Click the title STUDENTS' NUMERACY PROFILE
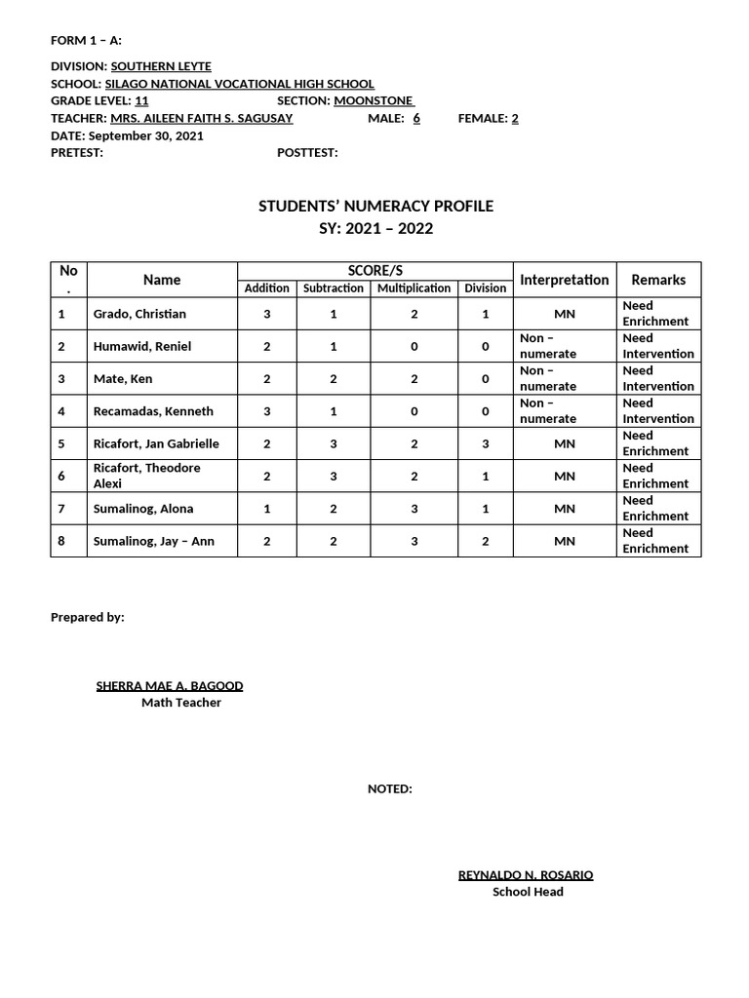(375, 206)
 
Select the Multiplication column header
(414, 288)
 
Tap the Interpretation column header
(565, 280)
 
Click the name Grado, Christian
(139, 314)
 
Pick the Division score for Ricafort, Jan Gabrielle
(485, 443)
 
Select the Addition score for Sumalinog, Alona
(266, 509)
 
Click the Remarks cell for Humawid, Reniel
(658, 346)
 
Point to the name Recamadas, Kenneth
(152, 411)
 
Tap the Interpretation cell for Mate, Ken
(548, 378)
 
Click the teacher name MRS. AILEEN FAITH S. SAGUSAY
(202, 118)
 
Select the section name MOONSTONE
(374, 100)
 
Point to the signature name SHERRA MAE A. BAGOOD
(170, 685)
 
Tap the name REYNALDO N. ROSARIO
(526, 875)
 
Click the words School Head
(528, 892)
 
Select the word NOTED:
(390, 788)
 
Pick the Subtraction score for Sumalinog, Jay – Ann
(333, 541)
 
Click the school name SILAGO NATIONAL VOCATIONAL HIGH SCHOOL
(239, 84)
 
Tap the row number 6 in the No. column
(61, 476)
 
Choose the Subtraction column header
(334, 288)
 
